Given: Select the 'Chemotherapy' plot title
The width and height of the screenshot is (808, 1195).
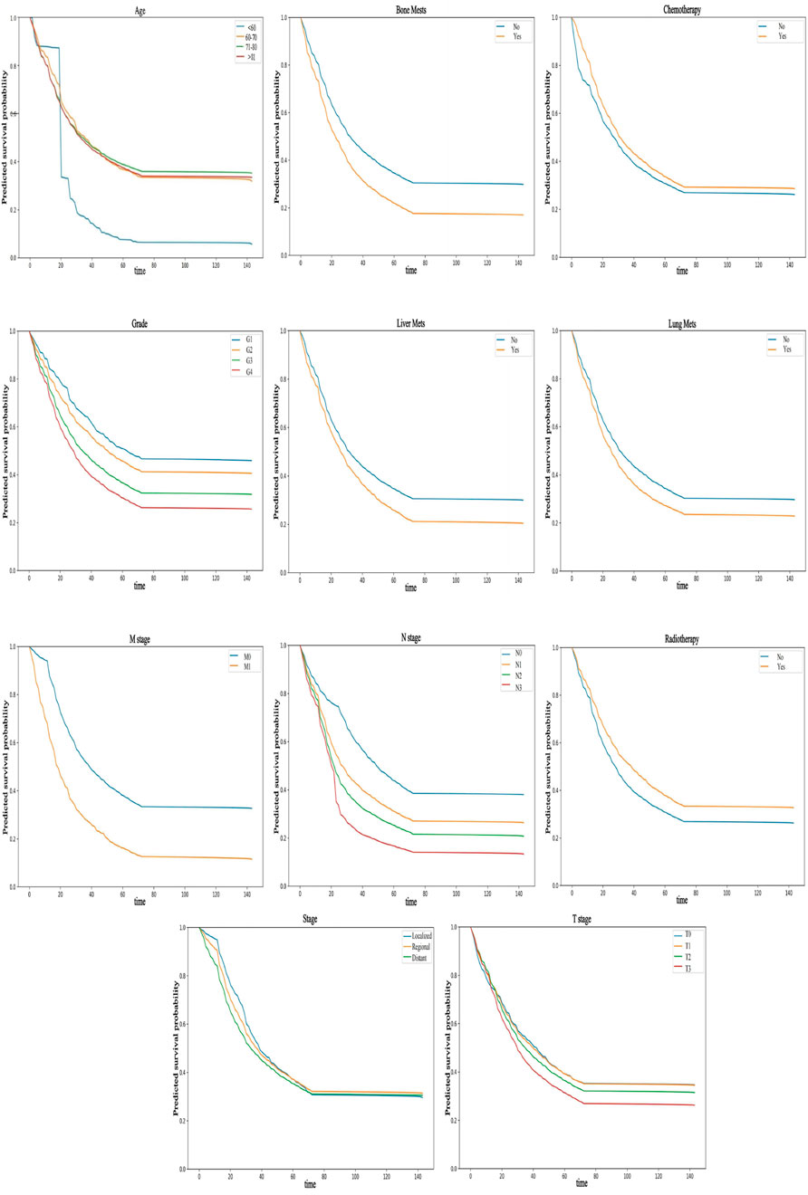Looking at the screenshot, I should pos(680,9).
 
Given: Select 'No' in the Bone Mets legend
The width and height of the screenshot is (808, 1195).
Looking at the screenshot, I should pos(514,27).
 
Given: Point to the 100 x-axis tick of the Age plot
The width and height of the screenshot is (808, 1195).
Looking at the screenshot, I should pos(186,265).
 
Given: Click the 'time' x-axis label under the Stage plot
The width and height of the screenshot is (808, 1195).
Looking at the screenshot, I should pos(310,1184).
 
